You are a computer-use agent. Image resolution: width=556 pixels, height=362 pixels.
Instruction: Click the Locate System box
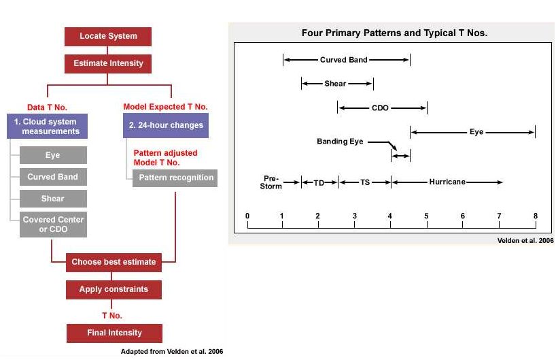(x=108, y=37)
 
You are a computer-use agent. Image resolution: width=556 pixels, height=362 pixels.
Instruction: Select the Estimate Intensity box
(x=108, y=64)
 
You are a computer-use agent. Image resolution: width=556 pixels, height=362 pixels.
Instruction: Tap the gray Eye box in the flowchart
(x=53, y=155)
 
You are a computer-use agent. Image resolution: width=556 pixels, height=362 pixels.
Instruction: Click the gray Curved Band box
(x=53, y=177)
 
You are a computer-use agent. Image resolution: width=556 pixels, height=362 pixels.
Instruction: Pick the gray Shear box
(x=53, y=199)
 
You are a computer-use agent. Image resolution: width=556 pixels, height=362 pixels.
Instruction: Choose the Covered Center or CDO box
(x=53, y=225)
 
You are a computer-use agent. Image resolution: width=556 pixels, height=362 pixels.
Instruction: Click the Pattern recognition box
(x=175, y=178)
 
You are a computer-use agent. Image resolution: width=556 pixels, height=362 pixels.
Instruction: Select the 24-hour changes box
(x=166, y=126)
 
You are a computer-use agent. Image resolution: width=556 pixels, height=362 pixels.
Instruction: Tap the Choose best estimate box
(x=114, y=262)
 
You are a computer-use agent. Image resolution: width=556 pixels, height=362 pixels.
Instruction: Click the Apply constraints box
(x=114, y=290)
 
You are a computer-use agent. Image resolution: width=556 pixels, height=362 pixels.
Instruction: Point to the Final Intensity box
(x=115, y=333)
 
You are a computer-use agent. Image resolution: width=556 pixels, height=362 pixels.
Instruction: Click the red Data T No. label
(x=47, y=108)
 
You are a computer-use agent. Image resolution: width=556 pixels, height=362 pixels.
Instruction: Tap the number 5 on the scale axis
(x=426, y=216)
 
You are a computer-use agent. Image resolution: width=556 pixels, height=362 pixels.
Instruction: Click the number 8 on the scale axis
(x=536, y=216)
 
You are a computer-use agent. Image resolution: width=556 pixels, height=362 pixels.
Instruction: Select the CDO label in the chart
(x=380, y=108)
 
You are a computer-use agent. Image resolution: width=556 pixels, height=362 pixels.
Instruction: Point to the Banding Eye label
(x=340, y=142)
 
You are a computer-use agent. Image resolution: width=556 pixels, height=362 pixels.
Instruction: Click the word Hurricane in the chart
(x=447, y=182)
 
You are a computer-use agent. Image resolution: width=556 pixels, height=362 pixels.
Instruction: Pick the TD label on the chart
(x=319, y=183)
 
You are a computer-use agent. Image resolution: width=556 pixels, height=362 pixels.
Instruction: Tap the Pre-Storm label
(x=271, y=182)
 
